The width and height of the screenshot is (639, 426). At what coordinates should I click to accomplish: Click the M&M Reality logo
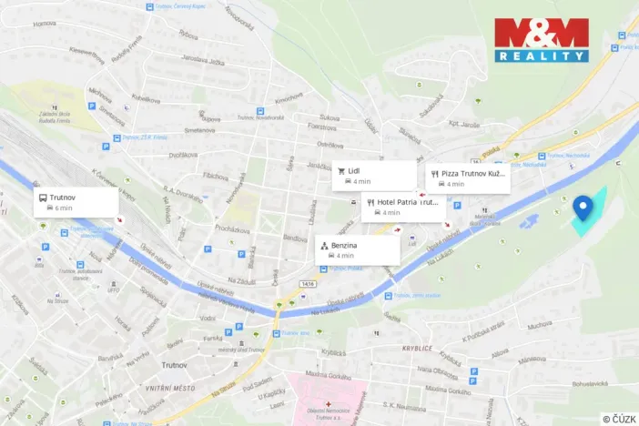coord(541,40)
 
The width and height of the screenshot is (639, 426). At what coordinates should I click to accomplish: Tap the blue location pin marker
coord(583,208)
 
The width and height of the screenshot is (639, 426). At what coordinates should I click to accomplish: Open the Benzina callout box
coord(357,250)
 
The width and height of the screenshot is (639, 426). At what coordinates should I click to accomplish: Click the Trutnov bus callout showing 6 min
coord(76,202)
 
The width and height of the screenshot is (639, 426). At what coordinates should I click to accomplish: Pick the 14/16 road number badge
coord(307,284)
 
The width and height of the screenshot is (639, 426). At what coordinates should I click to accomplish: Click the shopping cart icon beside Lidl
coord(337,170)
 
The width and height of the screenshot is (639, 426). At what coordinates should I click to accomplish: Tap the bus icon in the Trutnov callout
coord(41,197)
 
